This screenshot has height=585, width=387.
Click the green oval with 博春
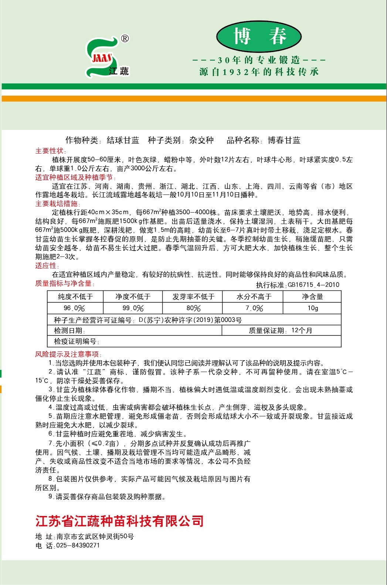pyautogui.click(x=258, y=36)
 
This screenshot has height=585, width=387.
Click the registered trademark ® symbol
pyautogui.click(x=125, y=38)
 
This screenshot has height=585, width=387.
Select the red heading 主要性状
pyautogui.click(x=50, y=151)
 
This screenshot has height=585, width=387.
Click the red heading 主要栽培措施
pyautogui.click(x=57, y=204)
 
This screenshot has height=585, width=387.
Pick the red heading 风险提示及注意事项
pyautogui.click(x=68, y=354)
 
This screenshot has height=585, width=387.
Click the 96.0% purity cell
pyautogui.click(x=74, y=308)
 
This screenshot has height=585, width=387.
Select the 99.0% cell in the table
pyautogui.click(x=133, y=308)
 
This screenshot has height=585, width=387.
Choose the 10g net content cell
pyautogui.click(x=313, y=308)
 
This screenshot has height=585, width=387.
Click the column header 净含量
pyautogui.click(x=313, y=297)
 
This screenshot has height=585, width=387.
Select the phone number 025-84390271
pyautogui.click(x=78, y=546)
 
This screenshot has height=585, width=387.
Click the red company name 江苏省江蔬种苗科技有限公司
pyautogui.click(x=119, y=521)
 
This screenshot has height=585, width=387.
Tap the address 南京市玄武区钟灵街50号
pyautogui.click(x=95, y=536)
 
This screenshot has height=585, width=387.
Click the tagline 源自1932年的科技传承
pyautogui.click(x=259, y=72)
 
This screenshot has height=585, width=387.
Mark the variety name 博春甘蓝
pyautogui.click(x=284, y=140)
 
